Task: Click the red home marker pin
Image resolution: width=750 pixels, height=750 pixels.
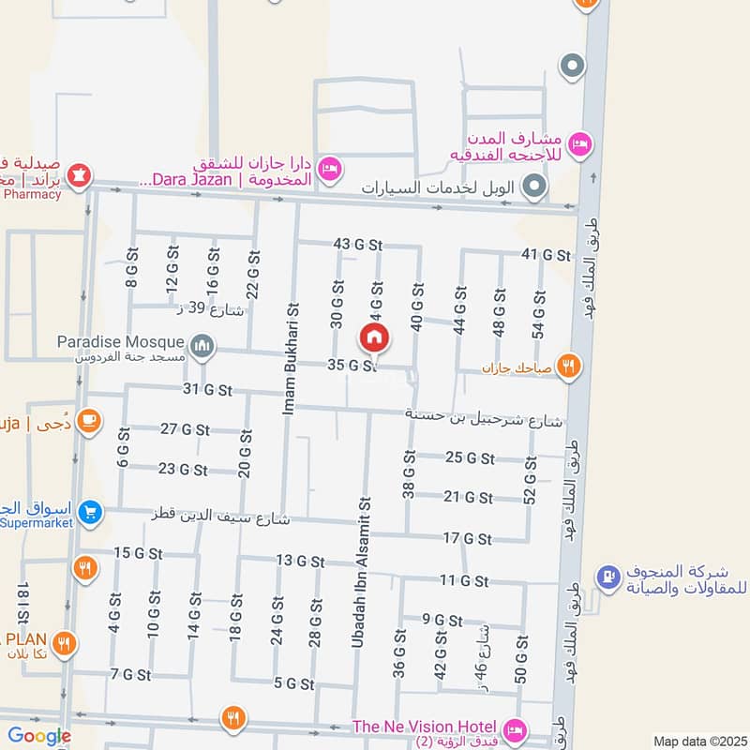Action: point(373,337)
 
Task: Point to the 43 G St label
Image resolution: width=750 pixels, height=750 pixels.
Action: point(358,245)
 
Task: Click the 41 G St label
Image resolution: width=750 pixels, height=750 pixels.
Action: point(546,255)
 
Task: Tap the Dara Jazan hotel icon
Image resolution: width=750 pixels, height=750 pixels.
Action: point(329,169)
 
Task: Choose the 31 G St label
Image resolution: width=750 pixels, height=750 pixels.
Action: point(207,390)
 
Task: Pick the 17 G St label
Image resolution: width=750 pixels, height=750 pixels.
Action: point(467,538)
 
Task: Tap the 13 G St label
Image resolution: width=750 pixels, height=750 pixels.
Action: point(300,562)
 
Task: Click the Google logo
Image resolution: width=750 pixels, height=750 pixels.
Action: point(39,736)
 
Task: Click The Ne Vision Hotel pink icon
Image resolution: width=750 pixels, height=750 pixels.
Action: point(515,728)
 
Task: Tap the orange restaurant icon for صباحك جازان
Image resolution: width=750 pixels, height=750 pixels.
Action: point(567,366)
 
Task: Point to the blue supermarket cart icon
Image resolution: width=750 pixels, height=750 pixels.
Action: point(90,512)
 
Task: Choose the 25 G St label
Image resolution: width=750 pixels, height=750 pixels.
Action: point(469,457)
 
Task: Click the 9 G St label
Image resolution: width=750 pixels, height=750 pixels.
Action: point(442,620)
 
